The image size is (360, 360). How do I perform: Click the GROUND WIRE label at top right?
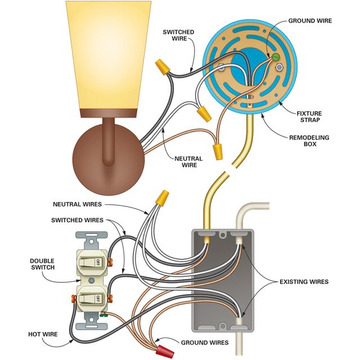(x=310, y=21)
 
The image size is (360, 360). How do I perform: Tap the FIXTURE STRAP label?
(x=309, y=117)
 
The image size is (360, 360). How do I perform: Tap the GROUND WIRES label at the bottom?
(x=205, y=342)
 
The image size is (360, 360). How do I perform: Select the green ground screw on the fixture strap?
(x=275, y=57)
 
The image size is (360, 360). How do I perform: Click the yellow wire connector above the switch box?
(x=163, y=197)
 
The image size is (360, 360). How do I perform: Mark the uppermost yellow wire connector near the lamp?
(x=161, y=69)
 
